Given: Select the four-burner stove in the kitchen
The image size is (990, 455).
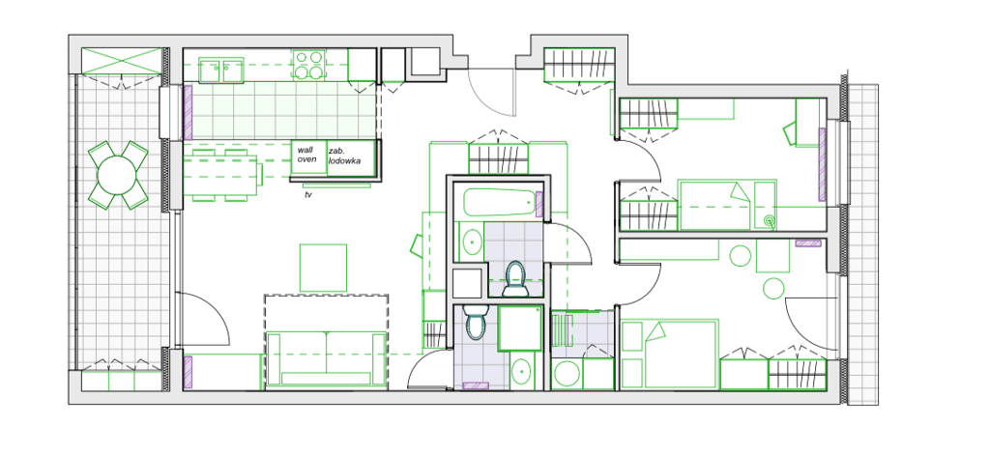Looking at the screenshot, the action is tap(309, 65).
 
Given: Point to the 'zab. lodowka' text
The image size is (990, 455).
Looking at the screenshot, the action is tap(344, 156).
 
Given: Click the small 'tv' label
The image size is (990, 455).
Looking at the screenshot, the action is tap(307, 195).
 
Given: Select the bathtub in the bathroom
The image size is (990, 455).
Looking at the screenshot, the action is tap(498, 203).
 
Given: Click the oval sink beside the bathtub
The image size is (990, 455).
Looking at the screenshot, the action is tap(471, 242).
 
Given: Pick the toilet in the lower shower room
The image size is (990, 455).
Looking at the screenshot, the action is tap(474, 322).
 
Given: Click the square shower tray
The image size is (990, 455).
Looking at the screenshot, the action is tap(519, 328).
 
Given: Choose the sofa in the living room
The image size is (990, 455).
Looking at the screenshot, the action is tap(324, 357).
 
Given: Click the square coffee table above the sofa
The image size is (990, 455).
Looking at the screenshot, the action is tap(323, 268).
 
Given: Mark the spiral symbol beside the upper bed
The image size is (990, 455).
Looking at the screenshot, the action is tap(769, 221).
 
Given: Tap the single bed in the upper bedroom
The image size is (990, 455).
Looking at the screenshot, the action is tap(725, 205).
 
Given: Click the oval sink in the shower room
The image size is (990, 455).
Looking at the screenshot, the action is tap(522, 371).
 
